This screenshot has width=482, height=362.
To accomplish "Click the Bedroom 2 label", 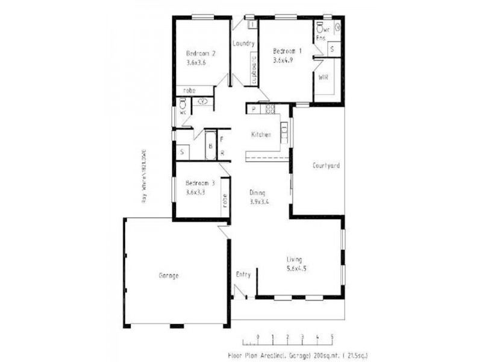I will (x=201, y=53).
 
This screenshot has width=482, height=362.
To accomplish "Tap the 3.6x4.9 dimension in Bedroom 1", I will (x=283, y=60).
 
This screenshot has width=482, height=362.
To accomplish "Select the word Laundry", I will (x=245, y=44).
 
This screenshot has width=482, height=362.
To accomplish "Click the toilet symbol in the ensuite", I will (x=319, y=28).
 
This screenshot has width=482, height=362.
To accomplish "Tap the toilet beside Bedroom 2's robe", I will (x=182, y=104).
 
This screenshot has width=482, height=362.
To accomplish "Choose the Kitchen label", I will (x=261, y=135).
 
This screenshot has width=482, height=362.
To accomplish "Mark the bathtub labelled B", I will (x=210, y=147).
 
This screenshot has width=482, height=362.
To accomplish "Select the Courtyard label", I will (x=326, y=165).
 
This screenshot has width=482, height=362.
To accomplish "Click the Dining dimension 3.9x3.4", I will (x=259, y=202).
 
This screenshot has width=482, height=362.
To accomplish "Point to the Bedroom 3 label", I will (x=200, y=183).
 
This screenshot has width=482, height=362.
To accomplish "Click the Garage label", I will (x=168, y=276).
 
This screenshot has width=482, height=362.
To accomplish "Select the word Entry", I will (x=243, y=275).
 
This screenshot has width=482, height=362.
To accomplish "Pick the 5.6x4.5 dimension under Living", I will (x=296, y=268).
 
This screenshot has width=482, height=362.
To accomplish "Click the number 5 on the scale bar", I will (x=332, y=337).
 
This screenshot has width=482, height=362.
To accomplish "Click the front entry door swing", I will (x=239, y=293).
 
